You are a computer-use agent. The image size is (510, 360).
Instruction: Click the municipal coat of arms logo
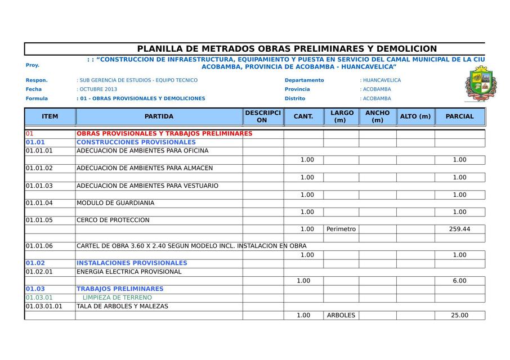480,83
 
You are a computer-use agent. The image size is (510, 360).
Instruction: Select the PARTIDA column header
159,116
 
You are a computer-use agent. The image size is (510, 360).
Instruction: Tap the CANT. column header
303,116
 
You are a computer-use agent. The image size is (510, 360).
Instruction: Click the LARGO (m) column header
342,116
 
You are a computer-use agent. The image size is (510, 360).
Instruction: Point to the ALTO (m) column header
415,116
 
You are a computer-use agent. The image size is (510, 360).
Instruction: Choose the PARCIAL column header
459,116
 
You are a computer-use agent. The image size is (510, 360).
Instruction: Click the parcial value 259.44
459,229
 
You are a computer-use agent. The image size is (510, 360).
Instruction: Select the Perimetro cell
341,229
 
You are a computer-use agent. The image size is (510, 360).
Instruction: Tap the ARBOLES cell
341,316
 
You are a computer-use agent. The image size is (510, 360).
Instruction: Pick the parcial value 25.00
459,316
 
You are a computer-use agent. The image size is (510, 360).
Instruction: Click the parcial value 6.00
459,281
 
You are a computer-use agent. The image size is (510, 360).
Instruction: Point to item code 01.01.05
39,220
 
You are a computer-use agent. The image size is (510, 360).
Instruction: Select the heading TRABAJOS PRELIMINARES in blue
120,289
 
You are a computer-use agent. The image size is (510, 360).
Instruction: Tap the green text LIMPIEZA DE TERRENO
117,298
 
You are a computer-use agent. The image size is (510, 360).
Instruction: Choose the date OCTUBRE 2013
98,89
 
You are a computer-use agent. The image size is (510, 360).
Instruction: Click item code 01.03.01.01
44,307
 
